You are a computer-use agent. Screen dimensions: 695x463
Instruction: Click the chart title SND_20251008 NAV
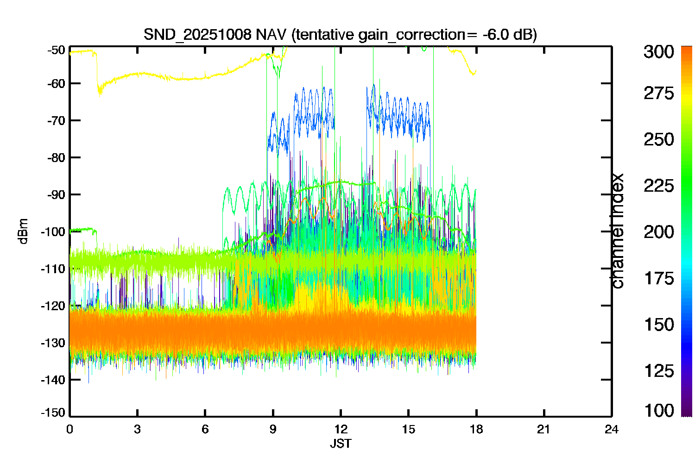(215, 34)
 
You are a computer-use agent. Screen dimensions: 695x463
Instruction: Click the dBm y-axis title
(23, 231)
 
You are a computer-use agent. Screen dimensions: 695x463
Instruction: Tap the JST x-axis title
(341, 444)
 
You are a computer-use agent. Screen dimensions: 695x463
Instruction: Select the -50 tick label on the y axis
(56, 50)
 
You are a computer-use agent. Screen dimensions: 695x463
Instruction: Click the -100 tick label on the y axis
(53, 231)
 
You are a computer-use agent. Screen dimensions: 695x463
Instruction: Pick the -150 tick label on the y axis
(53, 413)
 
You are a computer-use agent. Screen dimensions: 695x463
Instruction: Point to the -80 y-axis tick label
(56, 157)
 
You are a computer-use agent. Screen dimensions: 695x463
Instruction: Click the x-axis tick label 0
(69, 430)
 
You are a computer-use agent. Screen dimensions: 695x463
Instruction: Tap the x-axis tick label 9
(273, 430)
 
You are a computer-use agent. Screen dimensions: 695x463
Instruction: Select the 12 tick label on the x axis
(341, 430)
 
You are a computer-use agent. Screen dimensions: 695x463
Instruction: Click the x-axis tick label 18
(476, 430)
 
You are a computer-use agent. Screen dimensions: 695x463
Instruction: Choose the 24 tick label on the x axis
(612, 430)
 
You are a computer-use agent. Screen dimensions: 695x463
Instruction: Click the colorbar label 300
(659, 52)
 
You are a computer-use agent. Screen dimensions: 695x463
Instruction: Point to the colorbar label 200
(659, 232)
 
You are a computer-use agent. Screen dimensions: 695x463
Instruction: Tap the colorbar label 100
(659, 411)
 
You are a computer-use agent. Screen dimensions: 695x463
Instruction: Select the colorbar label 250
(659, 139)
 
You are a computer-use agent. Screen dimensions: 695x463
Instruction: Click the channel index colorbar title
(617, 231)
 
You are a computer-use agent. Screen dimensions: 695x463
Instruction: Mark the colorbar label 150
(659, 325)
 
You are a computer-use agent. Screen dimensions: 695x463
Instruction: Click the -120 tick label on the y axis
(53, 306)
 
